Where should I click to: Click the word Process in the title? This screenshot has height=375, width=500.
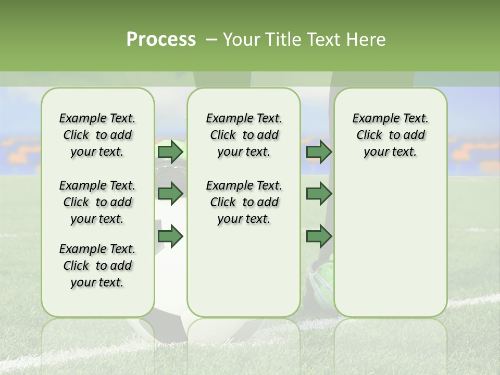161,40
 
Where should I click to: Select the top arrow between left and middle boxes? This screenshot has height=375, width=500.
170,152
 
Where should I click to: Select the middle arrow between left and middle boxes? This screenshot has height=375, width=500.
170,194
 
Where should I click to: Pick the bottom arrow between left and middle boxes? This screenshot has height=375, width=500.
170,236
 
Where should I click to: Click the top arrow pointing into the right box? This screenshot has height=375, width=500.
319,152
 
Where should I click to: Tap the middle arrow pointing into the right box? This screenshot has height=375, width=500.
319,194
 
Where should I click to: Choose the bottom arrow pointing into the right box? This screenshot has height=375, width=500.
319,236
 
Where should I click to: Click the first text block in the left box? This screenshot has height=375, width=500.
97,135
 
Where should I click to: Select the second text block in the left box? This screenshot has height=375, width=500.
97,202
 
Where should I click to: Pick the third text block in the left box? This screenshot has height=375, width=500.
97,266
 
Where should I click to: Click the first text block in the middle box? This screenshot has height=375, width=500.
244,135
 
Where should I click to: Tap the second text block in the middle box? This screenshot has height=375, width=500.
244,202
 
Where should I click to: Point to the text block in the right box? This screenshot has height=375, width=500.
390,135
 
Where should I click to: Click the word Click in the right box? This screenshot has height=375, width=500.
369,135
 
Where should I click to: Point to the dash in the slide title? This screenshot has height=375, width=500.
211,40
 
